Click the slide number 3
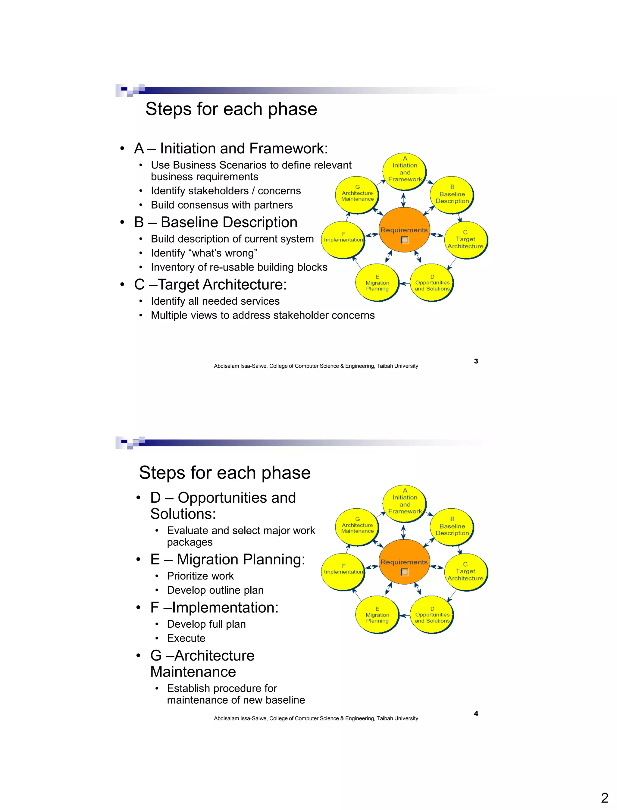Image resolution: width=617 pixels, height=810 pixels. (476, 361)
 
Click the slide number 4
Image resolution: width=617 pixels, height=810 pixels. (476, 713)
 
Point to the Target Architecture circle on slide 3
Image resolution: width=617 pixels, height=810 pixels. (465, 240)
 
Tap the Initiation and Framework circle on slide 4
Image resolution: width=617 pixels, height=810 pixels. (405, 502)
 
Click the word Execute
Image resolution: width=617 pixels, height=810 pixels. (186, 638)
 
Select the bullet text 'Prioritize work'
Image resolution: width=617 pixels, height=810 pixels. (200, 576)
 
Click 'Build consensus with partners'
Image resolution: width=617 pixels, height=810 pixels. (222, 205)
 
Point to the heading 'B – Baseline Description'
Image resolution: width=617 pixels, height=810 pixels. (216, 222)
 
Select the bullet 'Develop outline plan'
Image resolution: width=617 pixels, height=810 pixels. (215, 590)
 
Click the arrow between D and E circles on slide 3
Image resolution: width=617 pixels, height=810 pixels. (404, 284)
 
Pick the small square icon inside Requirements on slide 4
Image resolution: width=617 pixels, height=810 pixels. (404, 572)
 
